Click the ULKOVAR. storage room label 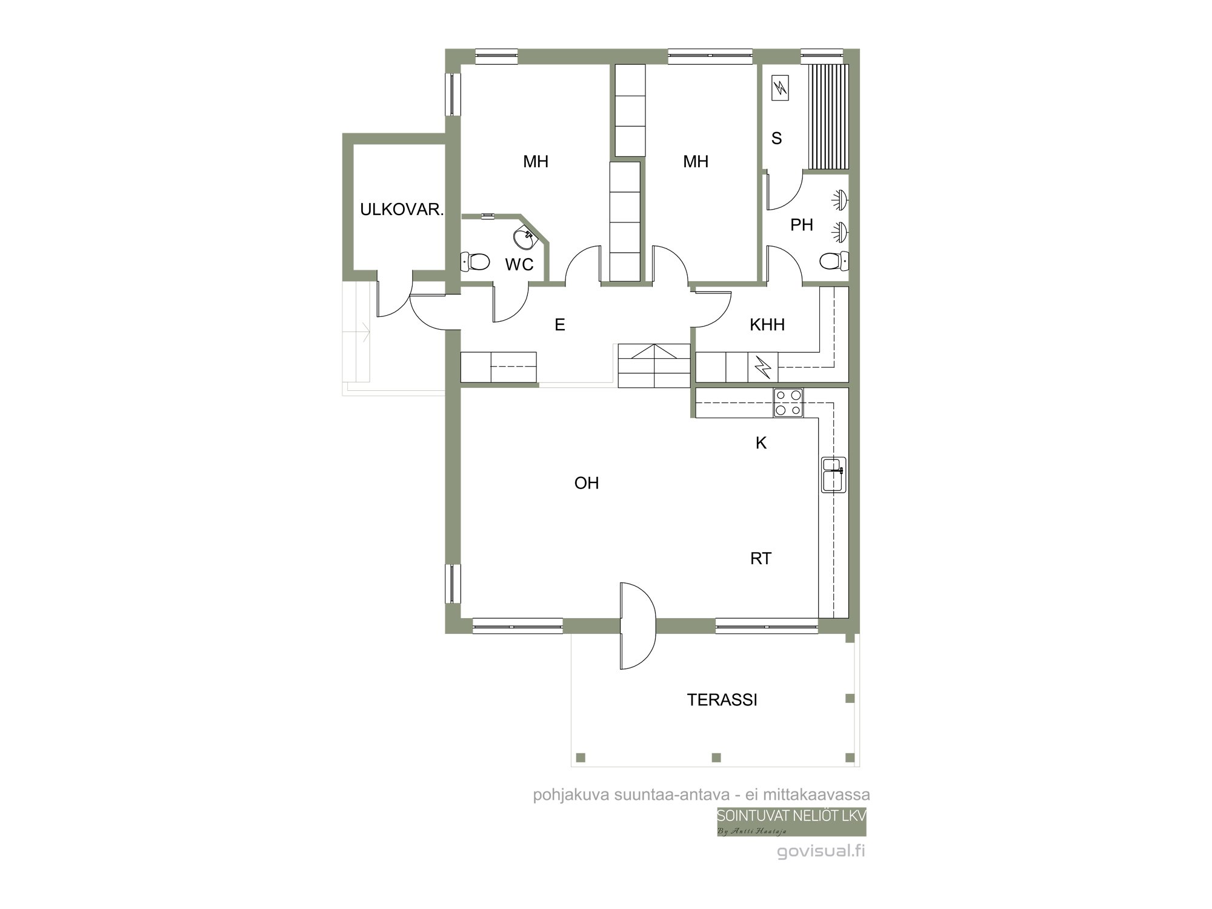point(402,210)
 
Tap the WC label point(519,264)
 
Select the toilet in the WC point(475,262)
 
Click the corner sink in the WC point(525,238)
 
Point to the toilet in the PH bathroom point(834,261)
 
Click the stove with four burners point(788,403)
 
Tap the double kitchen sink point(834,474)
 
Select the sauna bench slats point(828,116)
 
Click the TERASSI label point(722,700)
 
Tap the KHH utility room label point(767,325)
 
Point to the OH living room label point(587,483)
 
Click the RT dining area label point(761,558)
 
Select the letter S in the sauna point(776,139)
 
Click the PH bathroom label point(802,225)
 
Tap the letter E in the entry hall point(560,325)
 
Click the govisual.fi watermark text point(821,851)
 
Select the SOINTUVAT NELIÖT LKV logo point(791,822)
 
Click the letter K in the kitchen point(761,443)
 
